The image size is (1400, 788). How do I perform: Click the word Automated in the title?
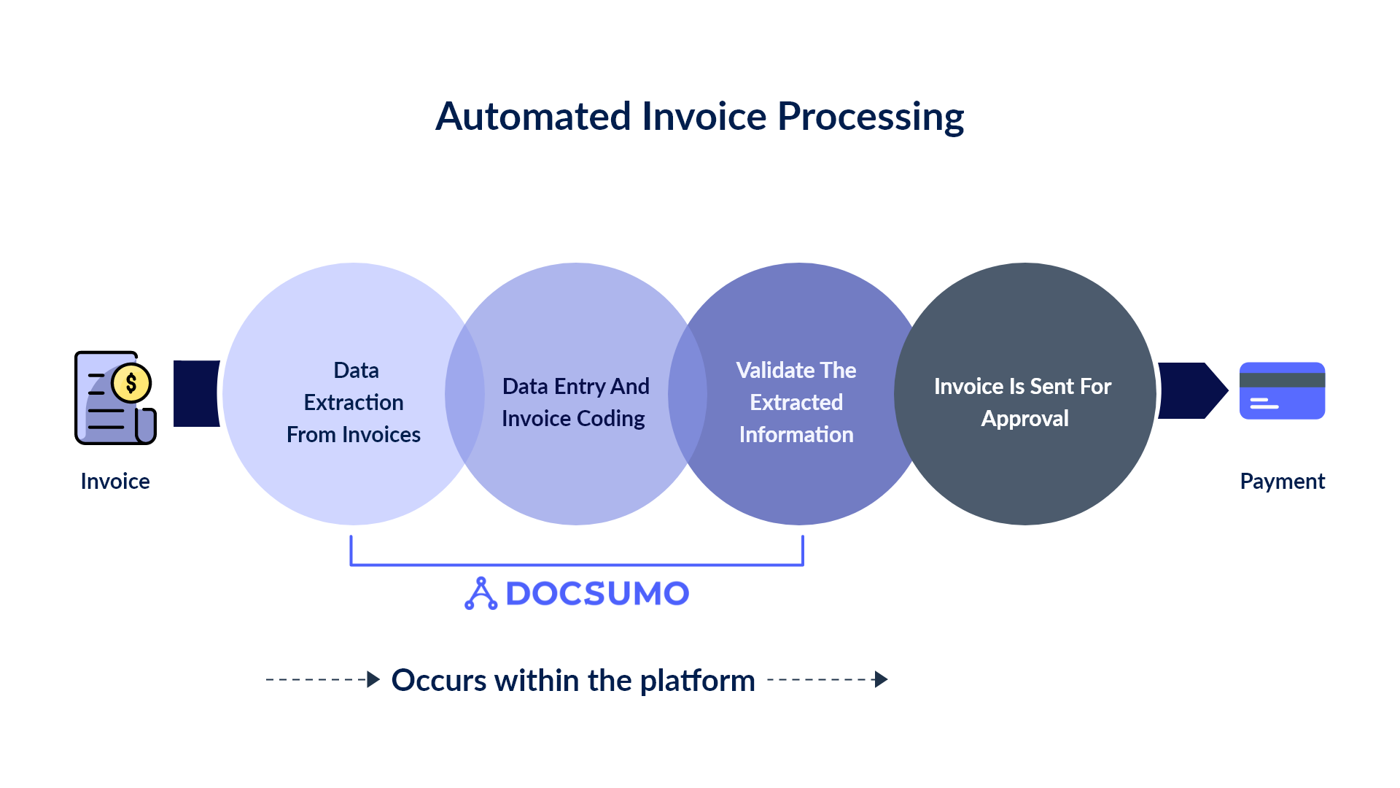click(x=533, y=117)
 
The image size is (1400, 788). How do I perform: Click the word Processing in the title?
click(x=871, y=117)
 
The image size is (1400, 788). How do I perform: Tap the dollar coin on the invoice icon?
click(x=131, y=383)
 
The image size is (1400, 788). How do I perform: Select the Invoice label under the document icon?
click(x=115, y=482)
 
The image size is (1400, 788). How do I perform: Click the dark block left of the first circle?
click(x=195, y=393)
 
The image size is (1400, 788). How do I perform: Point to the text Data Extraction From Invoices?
click(x=354, y=402)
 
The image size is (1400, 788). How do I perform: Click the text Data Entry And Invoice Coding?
click(x=575, y=402)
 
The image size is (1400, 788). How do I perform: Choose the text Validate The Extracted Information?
click(x=796, y=402)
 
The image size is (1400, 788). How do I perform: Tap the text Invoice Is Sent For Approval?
click(x=1023, y=402)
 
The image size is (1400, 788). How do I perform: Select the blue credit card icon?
click(x=1282, y=391)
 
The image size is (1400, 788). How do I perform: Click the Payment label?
click(x=1282, y=482)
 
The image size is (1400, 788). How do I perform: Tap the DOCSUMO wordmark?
click(x=596, y=594)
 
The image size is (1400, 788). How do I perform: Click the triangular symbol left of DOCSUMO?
click(x=481, y=594)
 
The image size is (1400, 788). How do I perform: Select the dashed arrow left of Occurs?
click(x=322, y=679)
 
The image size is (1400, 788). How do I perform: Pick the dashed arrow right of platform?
click(x=827, y=679)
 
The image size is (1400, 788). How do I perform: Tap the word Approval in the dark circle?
click(x=1024, y=419)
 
